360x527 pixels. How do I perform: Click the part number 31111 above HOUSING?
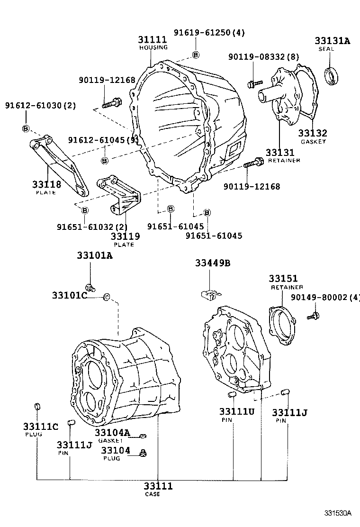pyautogui.click(x=153, y=40)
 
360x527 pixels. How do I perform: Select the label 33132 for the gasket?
pyautogui.click(x=313, y=134)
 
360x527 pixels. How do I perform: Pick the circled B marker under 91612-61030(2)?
pyautogui.click(x=26, y=128)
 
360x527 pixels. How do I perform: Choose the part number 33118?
pyautogui.click(x=46, y=184)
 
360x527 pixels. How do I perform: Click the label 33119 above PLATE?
pyautogui.click(x=125, y=236)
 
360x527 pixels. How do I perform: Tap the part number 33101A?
pyautogui.click(x=95, y=255)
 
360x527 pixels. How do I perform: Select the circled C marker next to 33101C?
pyautogui.click(x=107, y=297)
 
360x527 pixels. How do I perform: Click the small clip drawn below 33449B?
pyautogui.click(x=208, y=292)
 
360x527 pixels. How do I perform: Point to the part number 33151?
pyautogui.click(x=283, y=278)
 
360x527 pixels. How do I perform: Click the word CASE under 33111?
pyautogui.click(x=153, y=494)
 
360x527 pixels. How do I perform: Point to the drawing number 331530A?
pyautogui.click(x=338, y=513)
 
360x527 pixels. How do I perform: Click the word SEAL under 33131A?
pyautogui.click(x=326, y=49)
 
